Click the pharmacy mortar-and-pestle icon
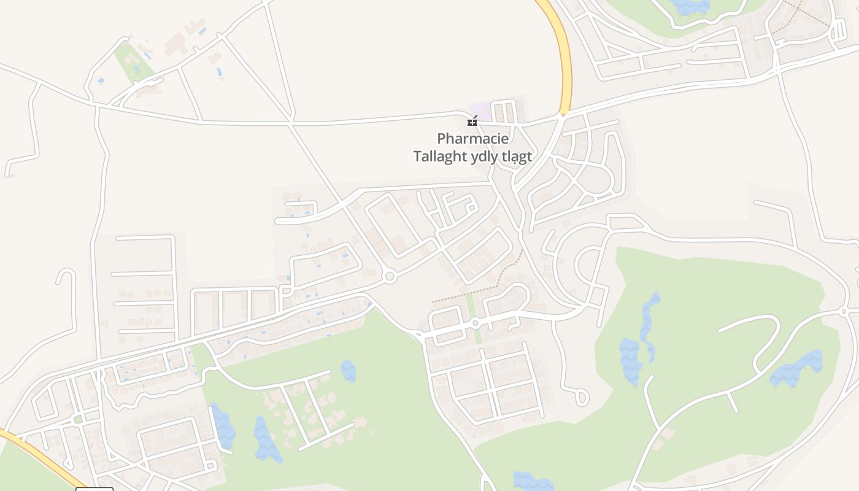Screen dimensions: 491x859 [x=472, y=121]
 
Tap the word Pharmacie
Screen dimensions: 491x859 [x=472, y=139]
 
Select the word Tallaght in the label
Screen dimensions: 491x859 [x=440, y=157]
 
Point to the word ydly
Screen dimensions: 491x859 [x=484, y=157]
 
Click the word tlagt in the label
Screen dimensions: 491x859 [x=517, y=157]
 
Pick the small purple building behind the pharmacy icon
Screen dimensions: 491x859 [x=481, y=111]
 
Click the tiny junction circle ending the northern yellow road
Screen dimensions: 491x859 [x=563, y=114]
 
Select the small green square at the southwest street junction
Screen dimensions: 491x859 [x=78, y=419]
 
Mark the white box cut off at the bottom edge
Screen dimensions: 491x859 [x=94, y=489]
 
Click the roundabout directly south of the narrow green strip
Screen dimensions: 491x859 [x=474, y=323]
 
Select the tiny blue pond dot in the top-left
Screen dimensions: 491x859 [x=101, y=80]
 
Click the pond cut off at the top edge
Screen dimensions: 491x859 [x=690, y=6]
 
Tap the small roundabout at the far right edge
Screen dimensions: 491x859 [x=844, y=312]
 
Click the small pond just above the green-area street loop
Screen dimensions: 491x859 [x=348, y=371]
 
